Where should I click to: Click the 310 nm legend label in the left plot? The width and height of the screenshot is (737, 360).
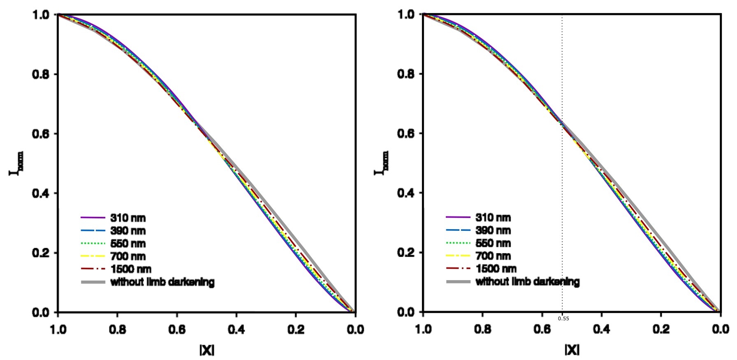128,218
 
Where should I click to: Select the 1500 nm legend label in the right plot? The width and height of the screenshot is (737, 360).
496,269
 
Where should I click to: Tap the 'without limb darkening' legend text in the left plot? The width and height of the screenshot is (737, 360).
162,282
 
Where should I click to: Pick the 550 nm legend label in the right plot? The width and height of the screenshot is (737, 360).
493,243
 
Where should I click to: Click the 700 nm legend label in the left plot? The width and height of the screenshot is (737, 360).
128,256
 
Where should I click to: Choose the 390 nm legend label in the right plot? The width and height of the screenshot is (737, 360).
493,230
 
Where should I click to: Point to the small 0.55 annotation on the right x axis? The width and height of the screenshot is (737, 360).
563,318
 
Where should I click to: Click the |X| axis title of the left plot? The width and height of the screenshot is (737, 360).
207,350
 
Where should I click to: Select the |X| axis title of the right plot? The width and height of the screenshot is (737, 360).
572,350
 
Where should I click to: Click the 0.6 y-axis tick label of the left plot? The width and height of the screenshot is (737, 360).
41,134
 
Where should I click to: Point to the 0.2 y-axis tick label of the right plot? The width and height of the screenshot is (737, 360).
406,253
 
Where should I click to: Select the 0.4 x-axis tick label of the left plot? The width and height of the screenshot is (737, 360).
236,330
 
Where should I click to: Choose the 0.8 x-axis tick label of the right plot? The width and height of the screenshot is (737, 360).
482,330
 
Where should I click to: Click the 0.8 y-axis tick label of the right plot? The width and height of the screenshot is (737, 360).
406,74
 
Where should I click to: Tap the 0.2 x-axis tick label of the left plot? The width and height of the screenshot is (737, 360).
296,330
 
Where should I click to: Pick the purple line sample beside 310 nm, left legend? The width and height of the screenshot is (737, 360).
93,218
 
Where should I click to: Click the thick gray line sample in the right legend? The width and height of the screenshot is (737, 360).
458,282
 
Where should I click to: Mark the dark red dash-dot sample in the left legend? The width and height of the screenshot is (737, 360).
93,269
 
